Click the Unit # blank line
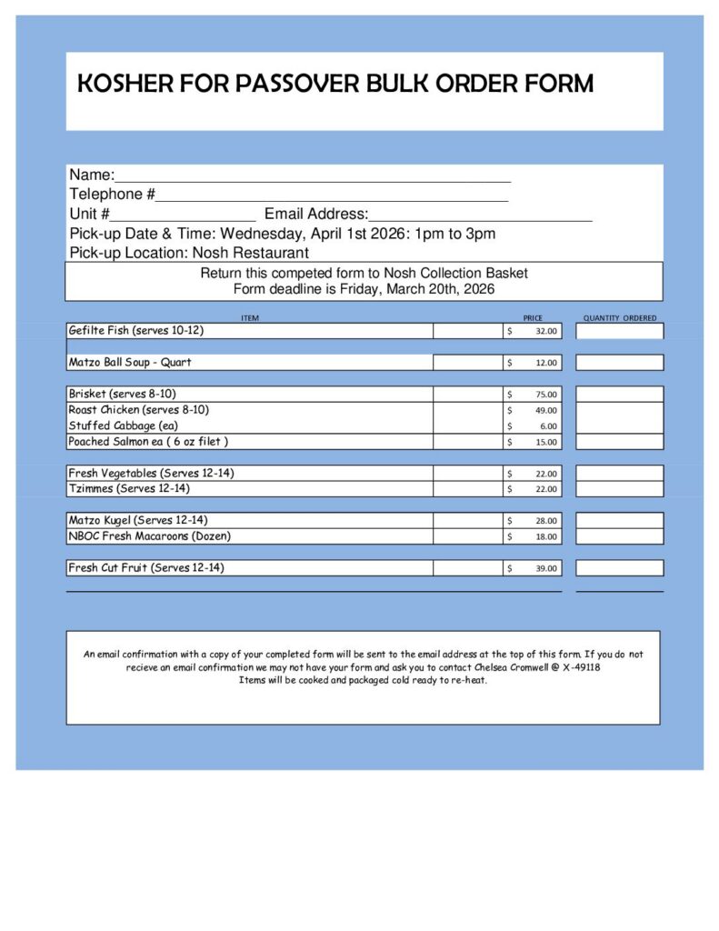(183, 215)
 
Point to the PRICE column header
(533, 318)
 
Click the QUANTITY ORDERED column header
(620, 318)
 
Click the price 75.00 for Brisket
(546, 395)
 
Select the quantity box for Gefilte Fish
(619, 331)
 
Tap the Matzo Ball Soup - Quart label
(130, 362)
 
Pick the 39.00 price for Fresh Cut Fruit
(546, 568)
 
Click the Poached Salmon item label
(148, 442)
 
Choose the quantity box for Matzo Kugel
(619, 521)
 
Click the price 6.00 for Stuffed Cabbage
(548, 426)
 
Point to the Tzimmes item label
(129, 489)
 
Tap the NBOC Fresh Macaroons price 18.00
(546, 536)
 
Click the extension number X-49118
(581, 667)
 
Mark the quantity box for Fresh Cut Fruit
(619, 568)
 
